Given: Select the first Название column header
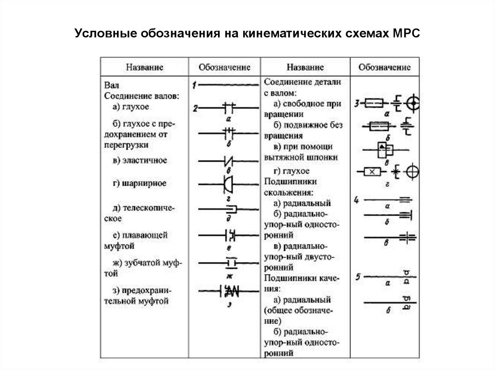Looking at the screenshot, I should click(x=145, y=67).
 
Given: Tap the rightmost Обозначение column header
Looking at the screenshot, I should click(x=384, y=67).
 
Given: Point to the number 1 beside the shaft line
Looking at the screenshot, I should click(x=194, y=86).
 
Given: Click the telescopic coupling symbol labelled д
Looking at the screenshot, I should click(x=230, y=209).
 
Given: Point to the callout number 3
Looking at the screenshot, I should click(x=357, y=103).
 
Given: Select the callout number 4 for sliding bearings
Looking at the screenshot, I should click(x=357, y=200).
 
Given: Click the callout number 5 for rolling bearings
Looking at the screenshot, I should click(x=357, y=277).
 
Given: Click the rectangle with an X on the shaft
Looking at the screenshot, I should click(x=372, y=171).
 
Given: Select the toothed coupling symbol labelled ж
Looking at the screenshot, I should click(x=230, y=263).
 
